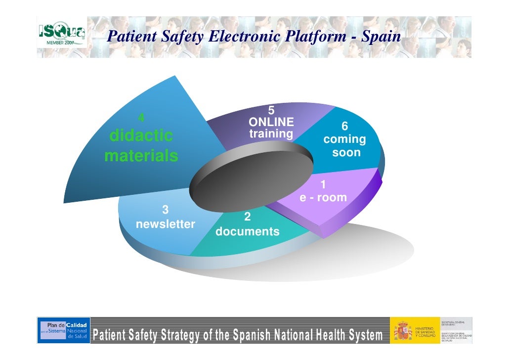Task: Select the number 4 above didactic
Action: [x=141, y=118]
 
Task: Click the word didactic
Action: [x=141, y=135]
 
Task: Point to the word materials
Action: [x=141, y=156]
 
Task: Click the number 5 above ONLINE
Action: [x=271, y=110]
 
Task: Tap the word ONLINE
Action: [x=271, y=122]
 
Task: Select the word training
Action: [x=271, y=134]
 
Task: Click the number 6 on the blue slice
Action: [x=344, y=127]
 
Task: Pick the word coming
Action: [x=344, y=139]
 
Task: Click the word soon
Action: [x=346, y=152]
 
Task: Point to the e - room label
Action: [x=323, y=198]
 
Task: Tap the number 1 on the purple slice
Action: [x=323, y=185]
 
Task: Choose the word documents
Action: [x=248, y=231]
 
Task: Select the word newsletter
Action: [x=166, y=225]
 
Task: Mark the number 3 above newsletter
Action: [x=166, y=210]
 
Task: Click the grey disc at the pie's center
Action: [x=252, y=176]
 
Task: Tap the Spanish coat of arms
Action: [x=401, y=330]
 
